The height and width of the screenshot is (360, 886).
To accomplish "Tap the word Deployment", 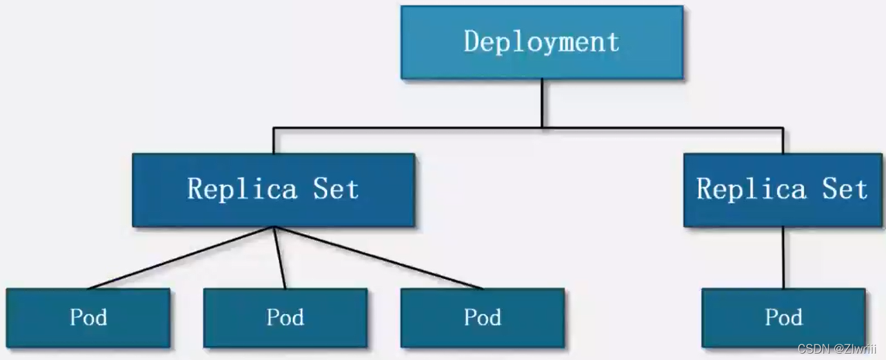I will [541, 42].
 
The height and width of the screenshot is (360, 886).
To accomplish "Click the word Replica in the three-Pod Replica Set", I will [242, 189].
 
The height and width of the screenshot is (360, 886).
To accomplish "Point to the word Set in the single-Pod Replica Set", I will [844, 189].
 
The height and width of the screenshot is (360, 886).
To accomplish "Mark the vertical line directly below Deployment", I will [541, 103].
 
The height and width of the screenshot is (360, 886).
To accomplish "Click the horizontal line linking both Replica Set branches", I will [400, 128].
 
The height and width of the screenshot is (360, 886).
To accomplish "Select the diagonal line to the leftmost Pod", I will [181, 257].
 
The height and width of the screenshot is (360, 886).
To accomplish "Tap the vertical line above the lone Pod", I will [783, 258].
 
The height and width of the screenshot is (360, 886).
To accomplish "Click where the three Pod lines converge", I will [274, 228].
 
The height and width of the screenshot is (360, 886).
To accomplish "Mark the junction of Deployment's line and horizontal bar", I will [541, 128].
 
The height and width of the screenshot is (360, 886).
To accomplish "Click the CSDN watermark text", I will [837, 349].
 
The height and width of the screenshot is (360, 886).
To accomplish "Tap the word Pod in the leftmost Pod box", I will [88, 317].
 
